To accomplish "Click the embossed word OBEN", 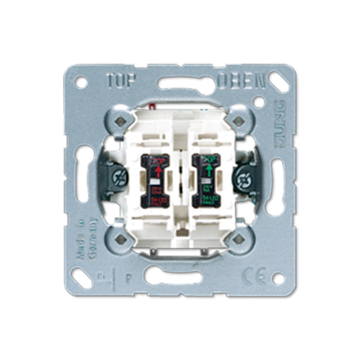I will [241, 81].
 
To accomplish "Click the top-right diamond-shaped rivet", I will [235, 121].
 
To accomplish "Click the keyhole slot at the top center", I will [179, 83].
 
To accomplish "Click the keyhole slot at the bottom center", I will [179, 275].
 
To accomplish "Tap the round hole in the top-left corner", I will [82, 82].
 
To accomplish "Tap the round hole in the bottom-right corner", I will [278, 278].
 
